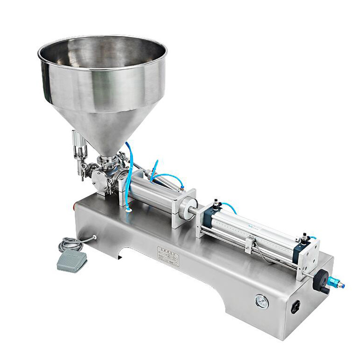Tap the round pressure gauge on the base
tap(262, 302)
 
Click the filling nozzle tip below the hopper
tap(82, 175)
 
